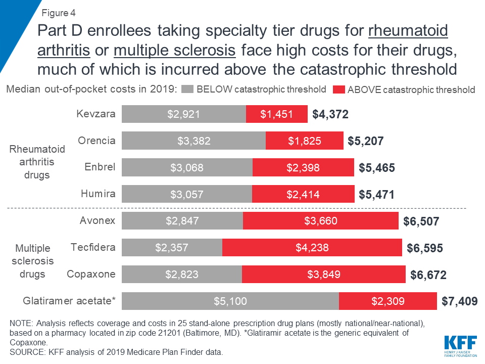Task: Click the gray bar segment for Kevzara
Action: click(184, 114)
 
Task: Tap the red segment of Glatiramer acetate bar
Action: click(387, 301)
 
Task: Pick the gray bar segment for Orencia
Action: click(193, 141)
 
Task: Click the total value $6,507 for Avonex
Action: click(421, 221)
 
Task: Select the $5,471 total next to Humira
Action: click(376, 194)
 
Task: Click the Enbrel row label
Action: click(103, 167)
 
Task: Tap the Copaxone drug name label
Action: click(91, 274)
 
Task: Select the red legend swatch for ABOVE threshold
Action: click(339, 90)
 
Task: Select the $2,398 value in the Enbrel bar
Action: click(303, 167)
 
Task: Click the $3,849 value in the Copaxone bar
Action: click(323, 275)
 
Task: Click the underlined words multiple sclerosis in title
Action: click(175, 51)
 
